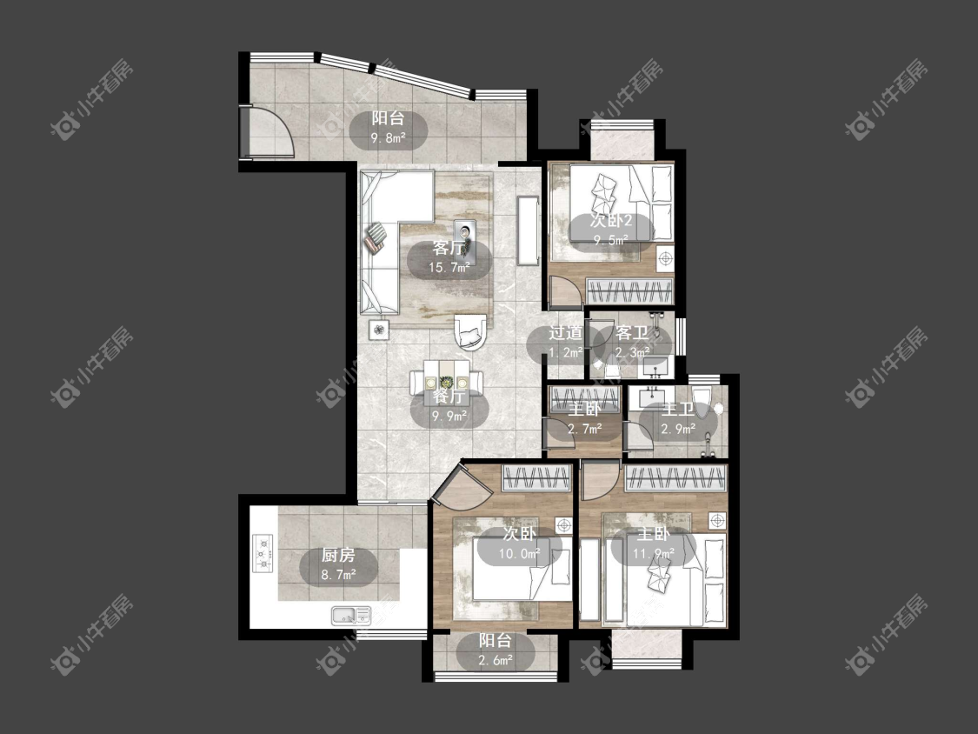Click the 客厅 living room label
(x=449, y=249)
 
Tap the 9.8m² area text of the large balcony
(x=388, y=138)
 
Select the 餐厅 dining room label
(x=449, y=397)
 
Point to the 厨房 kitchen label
(x=339, y=554)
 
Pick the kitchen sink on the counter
(x=350, y=616)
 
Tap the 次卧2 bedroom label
(x=611, y=221)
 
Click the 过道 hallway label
(x=566, y=333)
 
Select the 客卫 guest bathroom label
(x=632, y=333)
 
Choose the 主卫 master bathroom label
(x=677, y=410)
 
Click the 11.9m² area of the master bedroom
(x=654, y=554)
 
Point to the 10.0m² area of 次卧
(x=519, y=554)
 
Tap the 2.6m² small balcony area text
(x=496, y=660)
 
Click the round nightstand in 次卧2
(x=666, y=257)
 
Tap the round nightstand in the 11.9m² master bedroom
(x=718, y=520)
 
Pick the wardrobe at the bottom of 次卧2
(x=630, y=291)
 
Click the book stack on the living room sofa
(x=376, y=237)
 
